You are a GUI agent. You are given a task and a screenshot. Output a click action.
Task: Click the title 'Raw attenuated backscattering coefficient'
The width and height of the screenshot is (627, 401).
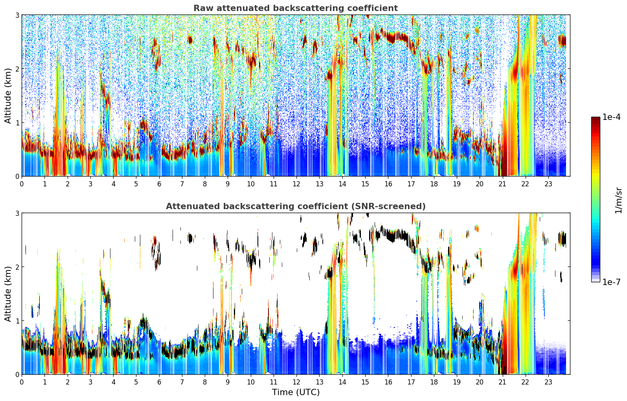pos(295,8)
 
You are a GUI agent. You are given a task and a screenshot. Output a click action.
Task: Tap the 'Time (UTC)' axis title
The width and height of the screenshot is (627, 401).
pos(296,392)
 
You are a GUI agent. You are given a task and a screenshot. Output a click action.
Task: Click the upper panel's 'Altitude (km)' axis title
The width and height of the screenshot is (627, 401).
pos(8,96)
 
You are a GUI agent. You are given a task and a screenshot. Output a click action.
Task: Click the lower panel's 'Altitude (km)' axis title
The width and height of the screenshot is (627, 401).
pos(8,294)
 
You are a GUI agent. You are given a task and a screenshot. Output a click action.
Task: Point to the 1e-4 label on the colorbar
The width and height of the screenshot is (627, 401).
pos(611,117)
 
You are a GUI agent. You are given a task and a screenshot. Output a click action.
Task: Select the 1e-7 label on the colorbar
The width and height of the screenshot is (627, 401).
pos(611,282)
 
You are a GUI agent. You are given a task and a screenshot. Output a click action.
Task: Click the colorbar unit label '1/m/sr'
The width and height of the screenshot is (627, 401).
pos(618,200)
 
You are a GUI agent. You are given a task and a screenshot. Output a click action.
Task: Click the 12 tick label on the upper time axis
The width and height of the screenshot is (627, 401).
pos(296,184)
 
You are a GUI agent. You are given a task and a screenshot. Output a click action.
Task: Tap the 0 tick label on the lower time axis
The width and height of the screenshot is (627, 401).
pos(22,382)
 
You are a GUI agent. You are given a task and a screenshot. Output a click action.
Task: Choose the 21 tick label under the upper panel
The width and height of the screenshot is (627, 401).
pos(502,184)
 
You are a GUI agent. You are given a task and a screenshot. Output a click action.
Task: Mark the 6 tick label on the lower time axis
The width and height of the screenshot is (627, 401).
pos(159,382)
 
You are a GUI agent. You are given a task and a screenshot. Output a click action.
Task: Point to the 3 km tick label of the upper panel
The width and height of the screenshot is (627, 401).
pos(17,15)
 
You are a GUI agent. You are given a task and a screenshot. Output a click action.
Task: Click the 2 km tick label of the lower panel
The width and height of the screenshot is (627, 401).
pos(17,267)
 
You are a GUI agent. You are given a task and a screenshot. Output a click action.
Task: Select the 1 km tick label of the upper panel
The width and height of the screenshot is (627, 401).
pos(17,123)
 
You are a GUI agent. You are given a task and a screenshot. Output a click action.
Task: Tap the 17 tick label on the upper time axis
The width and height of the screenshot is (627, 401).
pos(411,184)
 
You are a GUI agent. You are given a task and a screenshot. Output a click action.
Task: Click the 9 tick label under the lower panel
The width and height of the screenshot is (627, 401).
pos(228,382)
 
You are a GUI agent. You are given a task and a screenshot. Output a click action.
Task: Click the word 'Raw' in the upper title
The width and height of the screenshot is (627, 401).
pos(202,8)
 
